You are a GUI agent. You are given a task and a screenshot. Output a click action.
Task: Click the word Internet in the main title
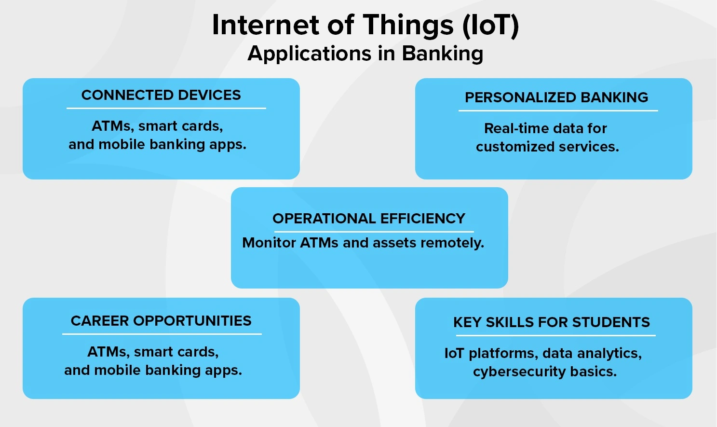coord(266,25)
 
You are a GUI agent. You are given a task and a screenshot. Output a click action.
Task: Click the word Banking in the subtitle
coord(442,54)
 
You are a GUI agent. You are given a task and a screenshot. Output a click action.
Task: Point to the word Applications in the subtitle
coord(310,54)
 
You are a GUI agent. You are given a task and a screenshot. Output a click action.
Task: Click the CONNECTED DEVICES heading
coord(161,95)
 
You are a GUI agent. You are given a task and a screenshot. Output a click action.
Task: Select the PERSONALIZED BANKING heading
coord(556,97)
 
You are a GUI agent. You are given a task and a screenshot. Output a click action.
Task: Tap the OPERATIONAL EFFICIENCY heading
coord(369,219)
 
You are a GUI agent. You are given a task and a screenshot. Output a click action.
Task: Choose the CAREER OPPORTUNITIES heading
coord(161,321)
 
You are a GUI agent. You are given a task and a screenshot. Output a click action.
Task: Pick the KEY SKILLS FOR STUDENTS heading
coord(552,322)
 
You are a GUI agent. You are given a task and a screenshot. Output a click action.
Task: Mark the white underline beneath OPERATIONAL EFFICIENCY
coord(374,232)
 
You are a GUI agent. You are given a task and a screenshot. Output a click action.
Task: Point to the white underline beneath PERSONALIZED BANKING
coord(558,111)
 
